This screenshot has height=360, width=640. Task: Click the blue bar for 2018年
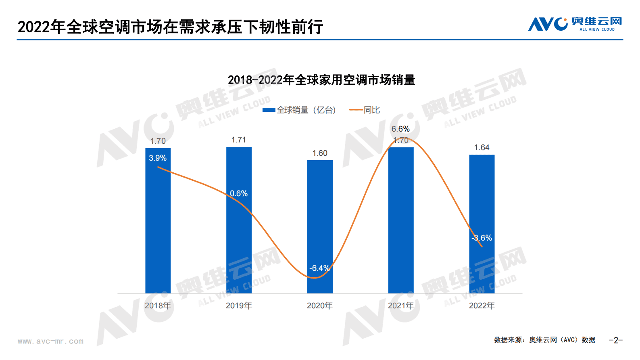158,226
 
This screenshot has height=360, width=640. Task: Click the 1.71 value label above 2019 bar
238,140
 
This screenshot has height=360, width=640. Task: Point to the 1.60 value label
320,153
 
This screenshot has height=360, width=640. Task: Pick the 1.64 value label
482,147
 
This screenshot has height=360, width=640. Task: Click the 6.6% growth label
400,129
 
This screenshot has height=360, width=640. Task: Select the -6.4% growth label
319,268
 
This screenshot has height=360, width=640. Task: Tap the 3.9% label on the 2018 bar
158,158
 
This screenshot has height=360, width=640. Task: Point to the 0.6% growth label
239,193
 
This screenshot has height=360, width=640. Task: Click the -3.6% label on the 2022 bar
482,238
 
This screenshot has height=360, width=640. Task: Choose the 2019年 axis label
239,306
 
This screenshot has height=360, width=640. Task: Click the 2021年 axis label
400,306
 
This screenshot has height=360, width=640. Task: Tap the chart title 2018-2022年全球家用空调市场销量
321,80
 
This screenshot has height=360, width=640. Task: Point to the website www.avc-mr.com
50,341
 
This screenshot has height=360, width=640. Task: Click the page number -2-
615,340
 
